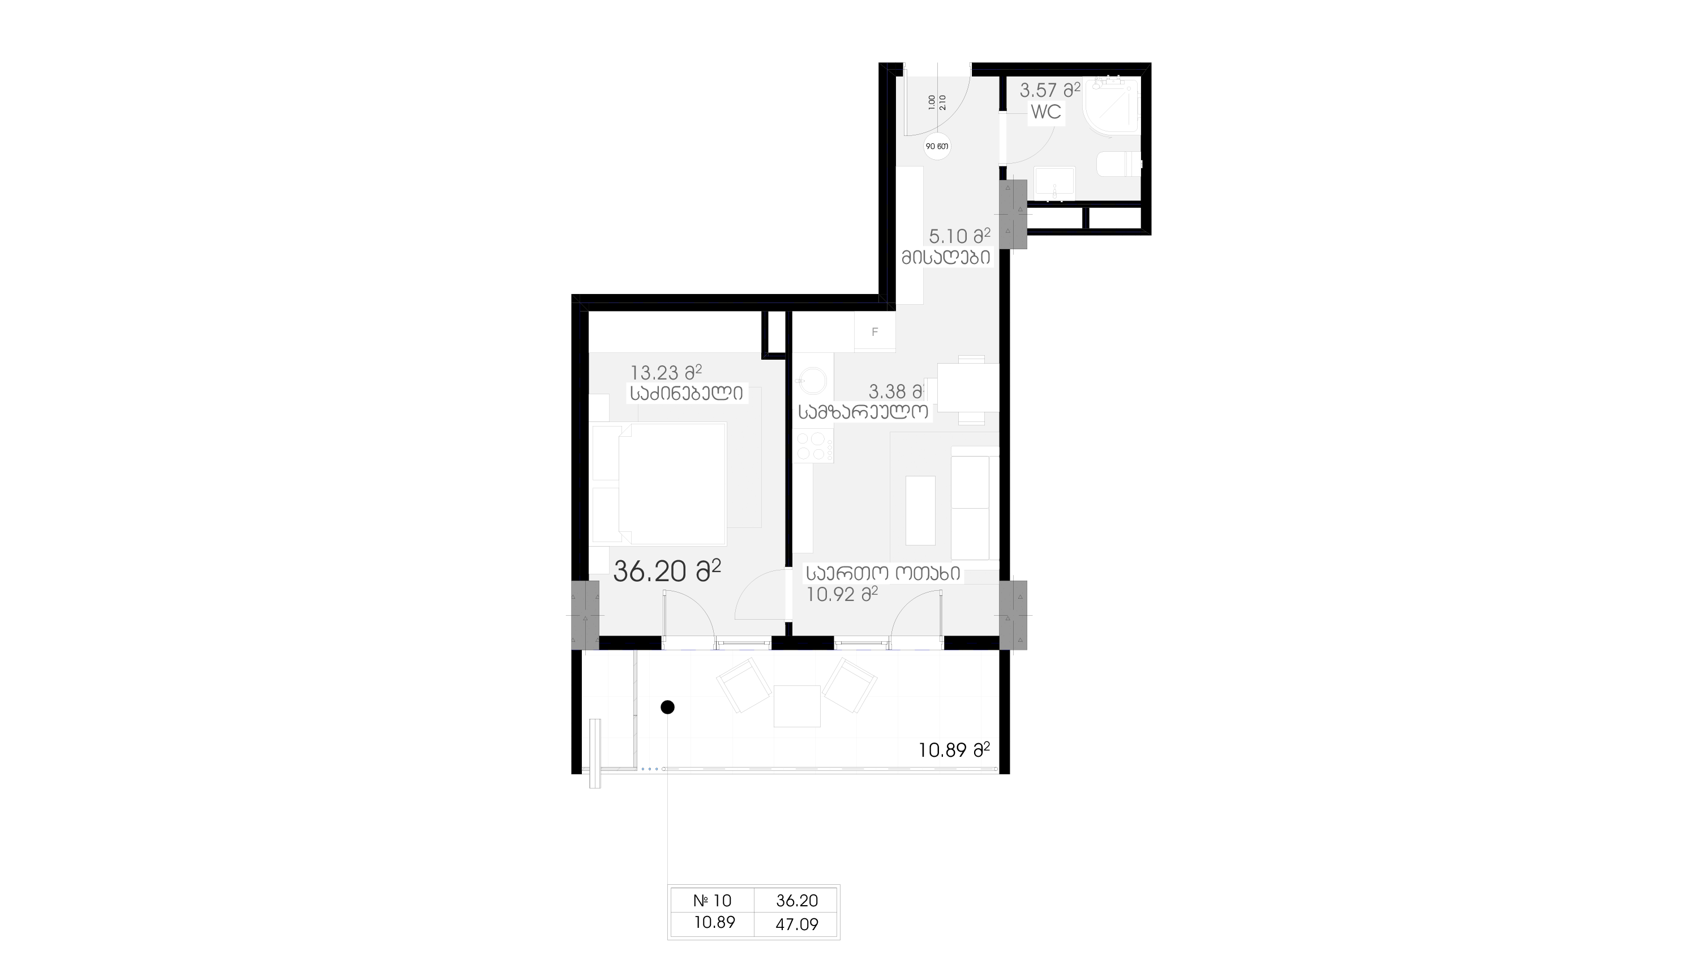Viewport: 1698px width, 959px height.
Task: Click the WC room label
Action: tap(1046, 112)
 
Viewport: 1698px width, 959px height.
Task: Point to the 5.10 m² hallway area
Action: tap(960, 236)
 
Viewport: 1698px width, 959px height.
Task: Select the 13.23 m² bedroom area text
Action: tap(666, 373)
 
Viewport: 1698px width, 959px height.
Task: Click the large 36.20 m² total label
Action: tap(667, 570)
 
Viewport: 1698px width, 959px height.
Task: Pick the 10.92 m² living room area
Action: tap(842, 594)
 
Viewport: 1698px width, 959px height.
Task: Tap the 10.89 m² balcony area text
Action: tap(954, 750)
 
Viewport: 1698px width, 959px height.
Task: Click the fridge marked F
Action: tap(874, 332)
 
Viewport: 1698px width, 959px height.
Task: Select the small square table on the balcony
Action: tap(797, 706)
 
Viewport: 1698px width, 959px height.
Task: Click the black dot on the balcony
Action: tap(668, 707)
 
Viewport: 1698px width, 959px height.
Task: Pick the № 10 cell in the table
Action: tap(713, 900)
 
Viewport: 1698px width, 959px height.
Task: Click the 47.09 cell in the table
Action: tap(797, 924)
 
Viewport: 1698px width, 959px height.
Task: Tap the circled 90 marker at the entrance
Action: tap(937, 146)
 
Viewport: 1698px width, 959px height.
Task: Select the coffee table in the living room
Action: tap(920, 510)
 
